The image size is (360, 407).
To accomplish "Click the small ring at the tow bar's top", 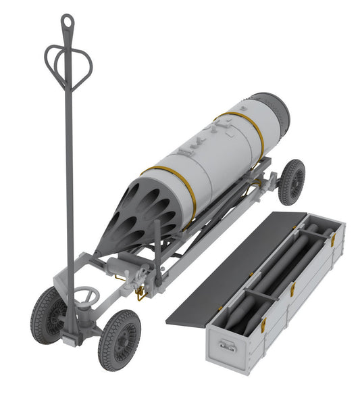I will (x=68, y=22).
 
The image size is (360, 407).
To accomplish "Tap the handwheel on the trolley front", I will (x=86, y=295).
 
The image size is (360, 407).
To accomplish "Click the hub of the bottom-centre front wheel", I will (x=120, y=339).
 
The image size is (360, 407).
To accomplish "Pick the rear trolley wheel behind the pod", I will (x=291, y=181).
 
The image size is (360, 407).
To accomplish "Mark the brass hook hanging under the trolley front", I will (x=140, y=292).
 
